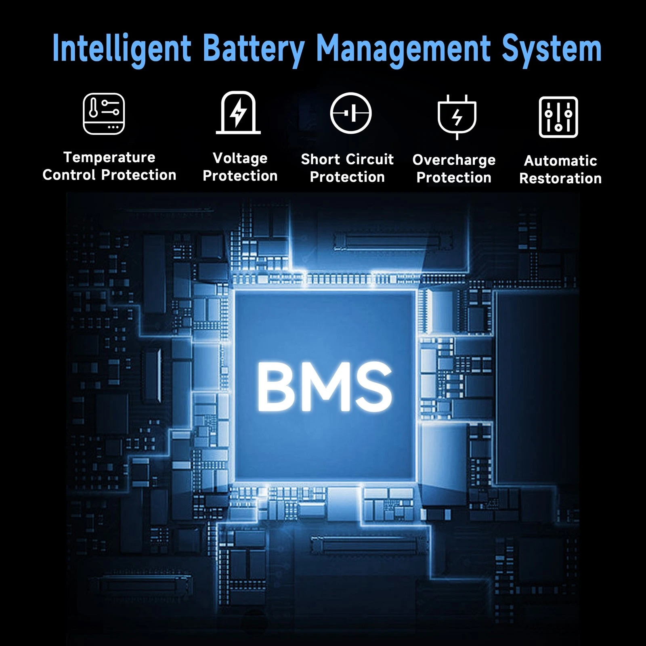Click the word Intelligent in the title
[122, 49]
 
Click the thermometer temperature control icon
[104, 113]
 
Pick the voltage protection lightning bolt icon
[238, 113]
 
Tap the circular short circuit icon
[351, 113]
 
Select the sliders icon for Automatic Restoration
[558, 117]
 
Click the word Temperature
[109, 157]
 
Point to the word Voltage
[240, 158]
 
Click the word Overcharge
[454, 160]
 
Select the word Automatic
[561, 161]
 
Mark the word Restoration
[561, 178]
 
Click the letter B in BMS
[276, 386]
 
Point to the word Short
[321, 159]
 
